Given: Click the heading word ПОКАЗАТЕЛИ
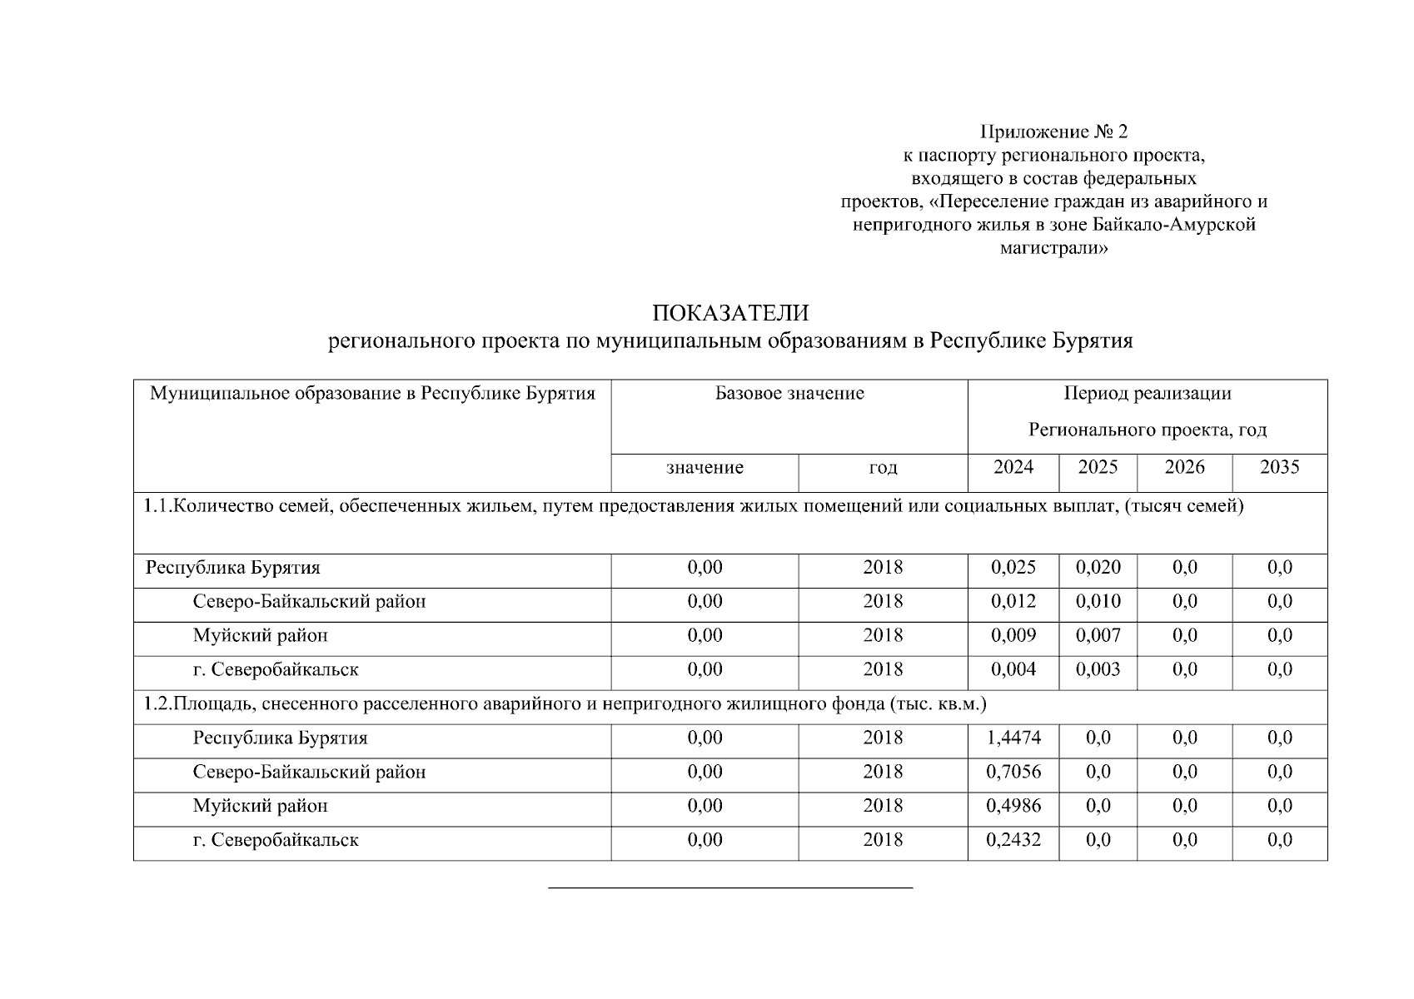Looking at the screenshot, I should click(x=730, y=314).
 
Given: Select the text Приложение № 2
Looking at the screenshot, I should click(x=1053, y=132).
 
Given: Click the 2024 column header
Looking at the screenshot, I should click(x=1013, y=467).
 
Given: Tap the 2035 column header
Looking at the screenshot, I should click(x=1279, y=467).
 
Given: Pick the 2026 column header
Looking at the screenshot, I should click(x=1184, y=467).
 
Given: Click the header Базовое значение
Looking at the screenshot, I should click(x=789, y=393).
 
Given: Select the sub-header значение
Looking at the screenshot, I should click(x=705, y=468).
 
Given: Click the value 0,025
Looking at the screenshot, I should click(x=1013, y=568).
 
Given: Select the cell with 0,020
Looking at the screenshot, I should click(x=1098, y=568).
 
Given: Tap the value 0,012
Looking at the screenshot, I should click(x=1013, y=601).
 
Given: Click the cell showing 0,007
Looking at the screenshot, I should click(x=1098, y=636).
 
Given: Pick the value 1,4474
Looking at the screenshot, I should click(x=1013, y=738).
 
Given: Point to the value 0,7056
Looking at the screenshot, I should click(x=1013, y=772).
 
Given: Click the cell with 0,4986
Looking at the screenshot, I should click(x=1013, y=806).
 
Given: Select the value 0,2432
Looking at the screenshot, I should click(x=1013, y=840).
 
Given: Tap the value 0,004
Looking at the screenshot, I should click(x=1013, y=669).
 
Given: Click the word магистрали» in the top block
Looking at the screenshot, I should click(x=1053, y=248).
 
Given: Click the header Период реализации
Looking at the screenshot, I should click(x=1147, y=393).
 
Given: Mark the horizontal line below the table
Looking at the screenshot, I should click(x=730, y=888).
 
